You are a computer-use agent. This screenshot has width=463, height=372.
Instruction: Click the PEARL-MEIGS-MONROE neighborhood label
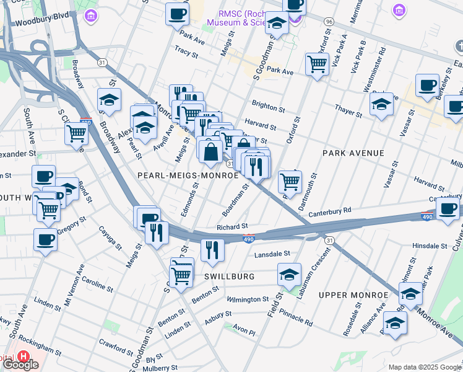tap(188, 175)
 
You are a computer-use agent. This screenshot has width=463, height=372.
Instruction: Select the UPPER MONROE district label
tap(348, 294)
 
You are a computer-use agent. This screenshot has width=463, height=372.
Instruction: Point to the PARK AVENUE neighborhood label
tap(353, 153)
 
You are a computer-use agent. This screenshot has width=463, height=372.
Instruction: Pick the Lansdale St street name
tap(272, 254)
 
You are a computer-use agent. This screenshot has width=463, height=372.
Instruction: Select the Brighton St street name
tap(267, 107)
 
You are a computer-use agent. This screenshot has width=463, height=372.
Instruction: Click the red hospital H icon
tap(23, 356)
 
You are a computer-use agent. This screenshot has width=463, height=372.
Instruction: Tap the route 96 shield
tap(329, 22)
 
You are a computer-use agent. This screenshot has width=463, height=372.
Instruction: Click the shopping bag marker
tap(210, 151)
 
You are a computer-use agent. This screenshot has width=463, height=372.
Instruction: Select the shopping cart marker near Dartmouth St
tap(290, 181)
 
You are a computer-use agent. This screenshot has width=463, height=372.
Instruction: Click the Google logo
tap(20, 365)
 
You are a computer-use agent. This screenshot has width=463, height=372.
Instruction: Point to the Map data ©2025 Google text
tap(425, 367)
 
